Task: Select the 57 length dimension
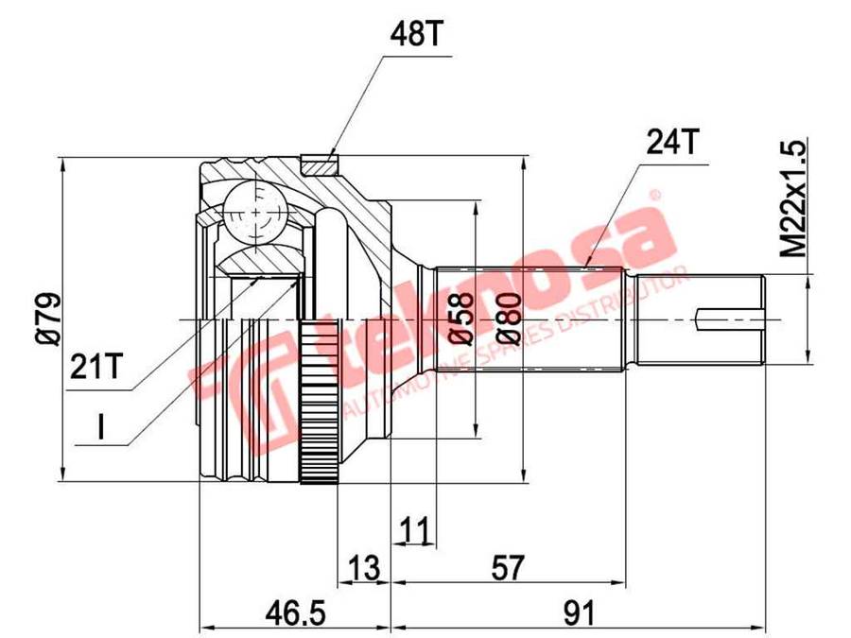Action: pyautogui.click(x=508, y=567)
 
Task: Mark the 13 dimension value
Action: pyautogui.click(x=363, y=567)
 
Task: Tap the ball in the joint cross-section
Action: pyautogui.click(x=253, y=210)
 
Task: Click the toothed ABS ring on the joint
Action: pyautogui.click(x=316, y=402)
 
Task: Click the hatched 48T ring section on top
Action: pyautogui.click(x=320, y=164)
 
